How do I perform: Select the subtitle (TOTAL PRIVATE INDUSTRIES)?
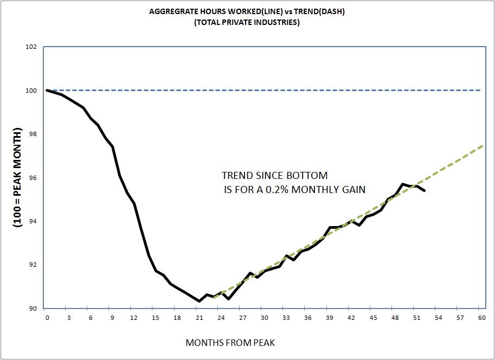pyautogui.click(x=247, y=22)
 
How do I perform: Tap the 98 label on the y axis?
pyautogui.click(x=33, y=134)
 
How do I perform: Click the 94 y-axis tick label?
pyautogui.click(x=33, y=222)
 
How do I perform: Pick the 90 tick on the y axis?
pyautogui.click(x=33, y=308)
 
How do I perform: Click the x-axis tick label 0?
pyautogui.click(x=47, y=318)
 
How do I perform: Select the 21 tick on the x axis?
pyautogui.click(x=199, y=318)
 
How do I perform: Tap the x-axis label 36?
pyautogui.click(x=307, y=318)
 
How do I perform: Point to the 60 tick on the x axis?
pyautogui.click(x=480, y=318)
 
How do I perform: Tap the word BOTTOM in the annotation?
pyautogui.click(x=309, y=176)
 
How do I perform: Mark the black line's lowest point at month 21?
pyautogui.click(x=199, y=301)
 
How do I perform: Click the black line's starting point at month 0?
pyautogui.click(x=47, y=90)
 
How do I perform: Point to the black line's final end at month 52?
pyautogui.click(x=424, y=190)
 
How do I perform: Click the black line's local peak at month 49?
pyautogui.click(x=402, y=184)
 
